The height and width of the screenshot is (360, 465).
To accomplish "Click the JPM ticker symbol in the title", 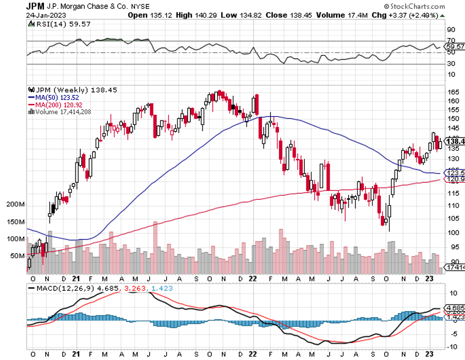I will [36, 6].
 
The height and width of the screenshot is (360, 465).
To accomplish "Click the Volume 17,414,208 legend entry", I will [62, 112].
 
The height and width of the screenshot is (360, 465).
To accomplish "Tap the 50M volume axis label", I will [17, 256].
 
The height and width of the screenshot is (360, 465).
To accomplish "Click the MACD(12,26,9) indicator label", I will [61, 287].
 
